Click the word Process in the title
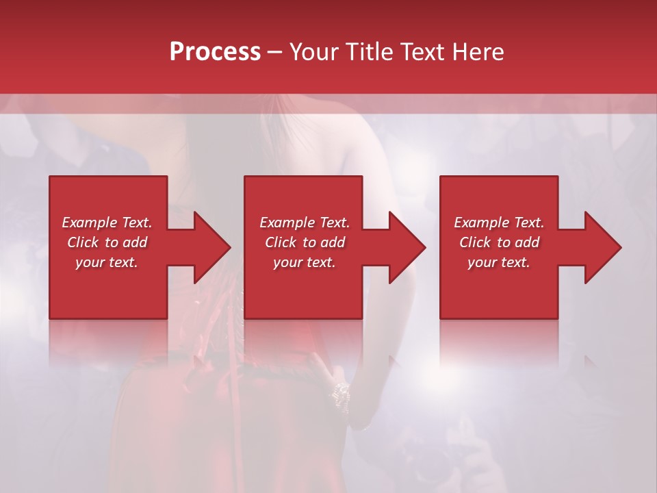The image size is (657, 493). [215, 52]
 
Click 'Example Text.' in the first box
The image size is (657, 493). [107, 223]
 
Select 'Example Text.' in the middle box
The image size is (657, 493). [305, 223]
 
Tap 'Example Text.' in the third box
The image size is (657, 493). [499, 223]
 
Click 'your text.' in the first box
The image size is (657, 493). [107, 262]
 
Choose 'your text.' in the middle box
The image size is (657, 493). [305, 262]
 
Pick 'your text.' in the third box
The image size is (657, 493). [499, 262]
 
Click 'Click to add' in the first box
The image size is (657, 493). [107, 242]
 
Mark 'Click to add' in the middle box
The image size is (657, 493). [305, 242]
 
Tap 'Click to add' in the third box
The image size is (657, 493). [499, 242]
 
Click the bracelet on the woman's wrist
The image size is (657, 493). [340, 392]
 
